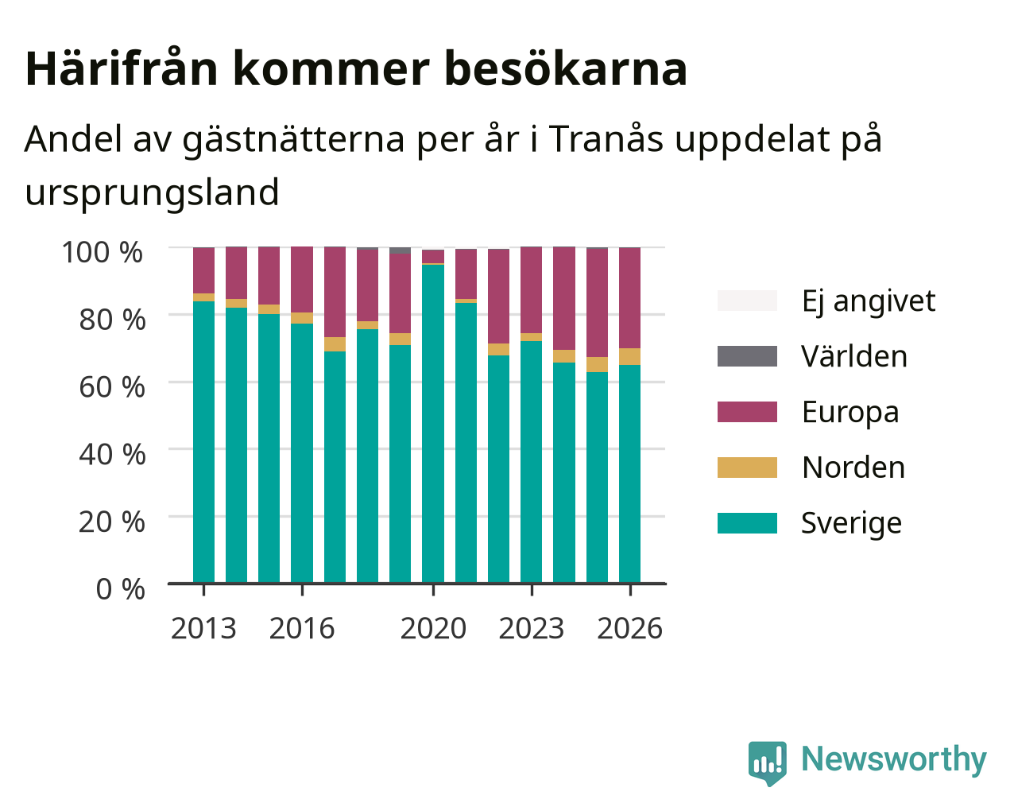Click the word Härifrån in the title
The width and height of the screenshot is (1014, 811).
[x=122, y=69]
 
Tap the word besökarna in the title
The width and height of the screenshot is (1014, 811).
[x=566, y=69]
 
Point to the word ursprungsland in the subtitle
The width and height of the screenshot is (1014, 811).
[x=152, y=193]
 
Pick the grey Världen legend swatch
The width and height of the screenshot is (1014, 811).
[x=747, y=356]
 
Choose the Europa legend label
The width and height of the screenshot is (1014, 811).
[x=850, y=412]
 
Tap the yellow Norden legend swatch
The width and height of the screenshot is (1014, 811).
[x=747, y=468]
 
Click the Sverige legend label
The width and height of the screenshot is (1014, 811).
[x=851, y=523]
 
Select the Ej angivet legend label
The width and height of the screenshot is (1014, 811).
[x=869, y=301]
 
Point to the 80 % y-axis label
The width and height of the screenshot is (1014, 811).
[x=112, y=320]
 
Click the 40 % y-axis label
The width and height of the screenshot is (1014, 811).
[x=112, y=455]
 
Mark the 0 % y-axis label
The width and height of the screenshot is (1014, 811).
[x=120, y=589]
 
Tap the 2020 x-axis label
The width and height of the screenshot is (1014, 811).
[x=433, y=628]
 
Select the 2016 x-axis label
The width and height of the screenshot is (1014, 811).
[x=301, y=628]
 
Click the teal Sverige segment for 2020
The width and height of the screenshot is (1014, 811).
[x=433, y=424]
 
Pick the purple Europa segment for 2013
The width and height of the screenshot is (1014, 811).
[x=203, y=270]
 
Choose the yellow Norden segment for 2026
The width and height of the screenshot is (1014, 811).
[x=629, y=356]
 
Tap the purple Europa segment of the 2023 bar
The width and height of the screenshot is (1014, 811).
[x=531, y=290]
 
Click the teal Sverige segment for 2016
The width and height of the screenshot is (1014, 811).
[x=301, y=453]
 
